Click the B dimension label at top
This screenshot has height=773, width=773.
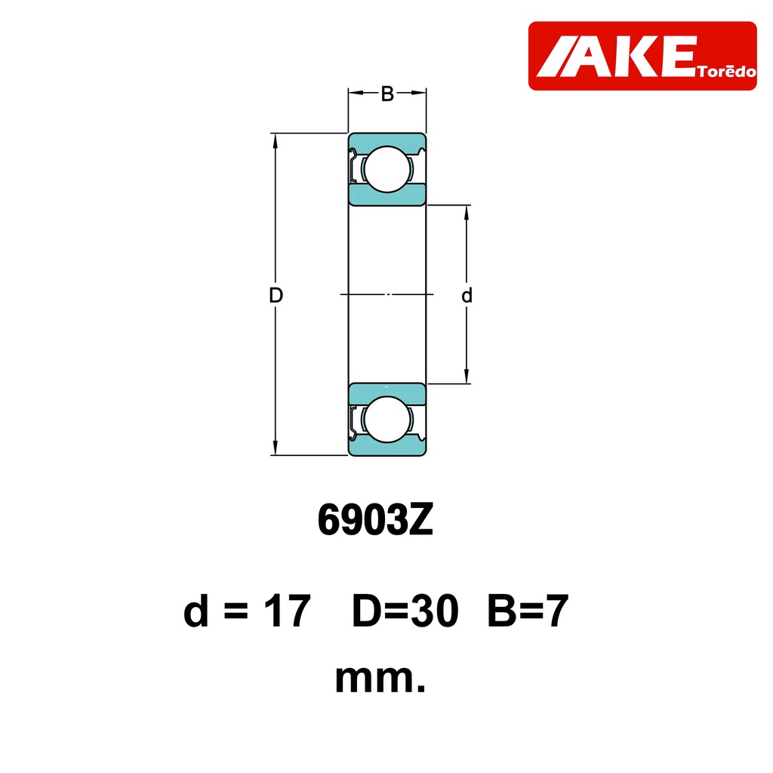pyautogui.click(x=387, y=94)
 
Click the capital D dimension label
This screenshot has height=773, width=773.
pyautogui.click(x=276, y=295)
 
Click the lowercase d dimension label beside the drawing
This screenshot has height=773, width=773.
pyautogui.click(x=467, y=295)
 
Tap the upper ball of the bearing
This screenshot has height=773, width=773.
pyautogui.click(x=387, y=169)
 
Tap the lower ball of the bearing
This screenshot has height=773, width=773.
pyautogui.click(x=387, y=420)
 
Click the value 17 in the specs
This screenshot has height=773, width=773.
pyautogui.click(x=287, y=611)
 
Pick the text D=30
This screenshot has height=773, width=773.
pyautogui.click(x=405, y=611)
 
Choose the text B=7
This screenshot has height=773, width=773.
pyautogui.click(x=528, y=611)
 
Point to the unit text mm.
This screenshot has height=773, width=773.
pyautogui.click(x=380, y=679)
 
